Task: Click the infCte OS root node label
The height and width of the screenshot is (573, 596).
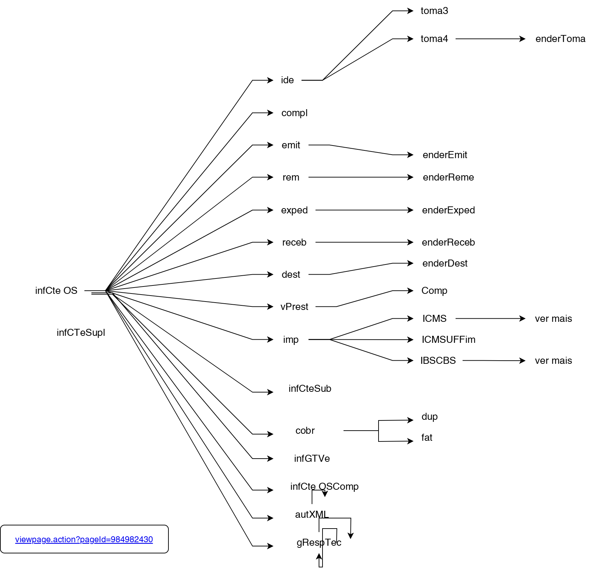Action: (x=56, y=291)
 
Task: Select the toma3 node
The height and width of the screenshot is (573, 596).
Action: (x=434, y=11)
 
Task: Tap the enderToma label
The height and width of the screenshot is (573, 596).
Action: (x=560, y=39)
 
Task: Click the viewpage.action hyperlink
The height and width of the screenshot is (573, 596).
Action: (x=84, y=539)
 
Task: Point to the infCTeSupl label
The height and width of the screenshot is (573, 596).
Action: (x=81, y=333)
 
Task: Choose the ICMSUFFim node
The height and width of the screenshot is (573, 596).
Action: (x=448, y=340)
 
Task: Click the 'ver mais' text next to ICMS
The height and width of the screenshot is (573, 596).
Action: (x=553, y=319)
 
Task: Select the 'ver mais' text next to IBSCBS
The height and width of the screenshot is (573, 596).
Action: (x=553, y=361)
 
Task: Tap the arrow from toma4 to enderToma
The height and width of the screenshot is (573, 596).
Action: (x=490, y=39)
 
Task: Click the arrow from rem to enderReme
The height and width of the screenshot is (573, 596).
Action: (x=361, y=177)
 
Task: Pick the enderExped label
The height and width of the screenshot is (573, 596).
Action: (x=448, y=210)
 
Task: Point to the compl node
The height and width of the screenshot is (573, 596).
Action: (x=294, y=113)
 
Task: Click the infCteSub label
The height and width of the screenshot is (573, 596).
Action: (x=310, y=389)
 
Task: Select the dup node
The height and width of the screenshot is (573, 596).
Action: (x=430, y=417)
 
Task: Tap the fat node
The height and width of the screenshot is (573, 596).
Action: (x=427, y=438)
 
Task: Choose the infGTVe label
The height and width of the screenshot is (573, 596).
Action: (x=312, y=459)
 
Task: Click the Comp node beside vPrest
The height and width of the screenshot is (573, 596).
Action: (x=434, y=291)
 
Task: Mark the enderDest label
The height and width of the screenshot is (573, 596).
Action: (x=445, y=263)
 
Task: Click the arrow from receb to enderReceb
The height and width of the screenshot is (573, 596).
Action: (x=364, y=242)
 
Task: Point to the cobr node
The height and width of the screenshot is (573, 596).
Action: (x=305, y=431)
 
